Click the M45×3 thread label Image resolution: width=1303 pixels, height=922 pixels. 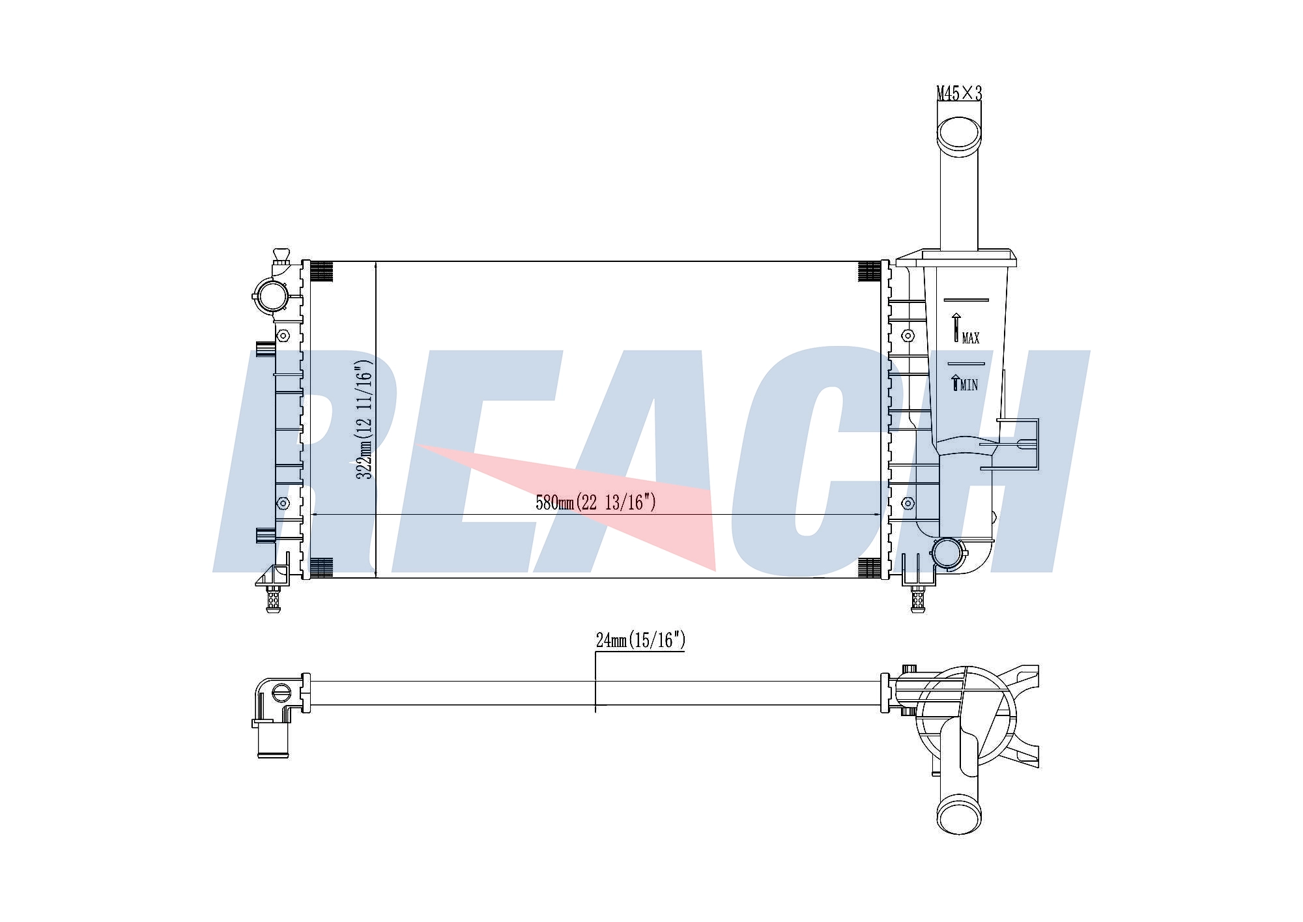[959, 94]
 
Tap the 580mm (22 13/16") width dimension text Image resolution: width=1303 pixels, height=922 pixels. [595, 502]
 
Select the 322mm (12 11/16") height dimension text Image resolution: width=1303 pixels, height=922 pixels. [364, 420]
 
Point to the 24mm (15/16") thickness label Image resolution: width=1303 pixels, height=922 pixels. [640, 641]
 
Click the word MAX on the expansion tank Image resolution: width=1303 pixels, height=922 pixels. [971, 338]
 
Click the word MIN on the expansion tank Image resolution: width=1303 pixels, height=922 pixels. [969, 385]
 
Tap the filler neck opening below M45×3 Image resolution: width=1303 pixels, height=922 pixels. [958, 134]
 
